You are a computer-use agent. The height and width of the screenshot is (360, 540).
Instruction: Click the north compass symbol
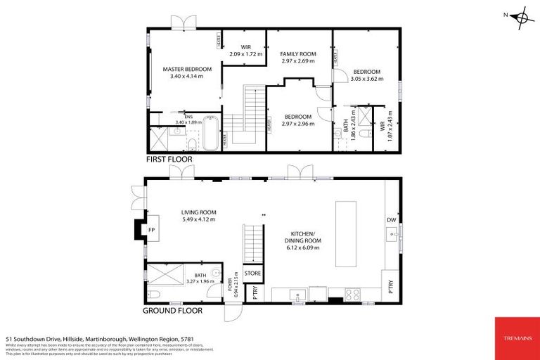click(x=520, y=15)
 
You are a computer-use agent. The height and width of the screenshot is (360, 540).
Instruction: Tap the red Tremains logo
click(x=516, y=338)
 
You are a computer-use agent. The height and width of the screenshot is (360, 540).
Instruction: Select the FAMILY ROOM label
click(x=298, y=54)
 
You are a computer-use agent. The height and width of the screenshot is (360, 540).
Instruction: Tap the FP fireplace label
click(x=150, y=229)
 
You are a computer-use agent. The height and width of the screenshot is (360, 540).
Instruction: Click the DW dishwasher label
click(x=392, y=220)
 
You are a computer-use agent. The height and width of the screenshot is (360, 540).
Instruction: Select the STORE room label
click(x=252, y=274)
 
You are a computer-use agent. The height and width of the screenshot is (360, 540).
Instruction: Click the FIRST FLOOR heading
click(x=169, y=160)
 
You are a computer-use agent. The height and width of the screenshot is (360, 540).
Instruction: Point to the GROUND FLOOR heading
click(x=173, y=310)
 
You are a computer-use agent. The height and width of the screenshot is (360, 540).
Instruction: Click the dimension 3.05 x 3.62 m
click(x=366, y=79)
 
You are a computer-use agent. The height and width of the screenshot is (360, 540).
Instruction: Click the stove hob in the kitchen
click(x=352, y=295)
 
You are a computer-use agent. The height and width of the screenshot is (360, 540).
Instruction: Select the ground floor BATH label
click(x=200, y=276)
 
